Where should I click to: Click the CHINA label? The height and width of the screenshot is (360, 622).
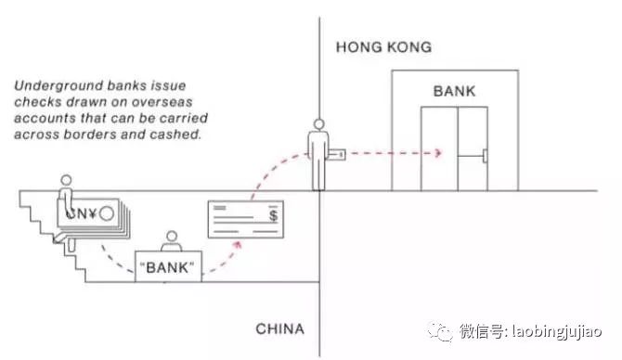[x=279, y=329]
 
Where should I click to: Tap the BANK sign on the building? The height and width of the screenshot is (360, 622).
[x=453, y=92]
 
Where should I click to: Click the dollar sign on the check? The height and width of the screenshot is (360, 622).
[x=271, y=215]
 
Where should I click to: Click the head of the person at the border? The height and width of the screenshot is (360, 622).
[x=319, y=124]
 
